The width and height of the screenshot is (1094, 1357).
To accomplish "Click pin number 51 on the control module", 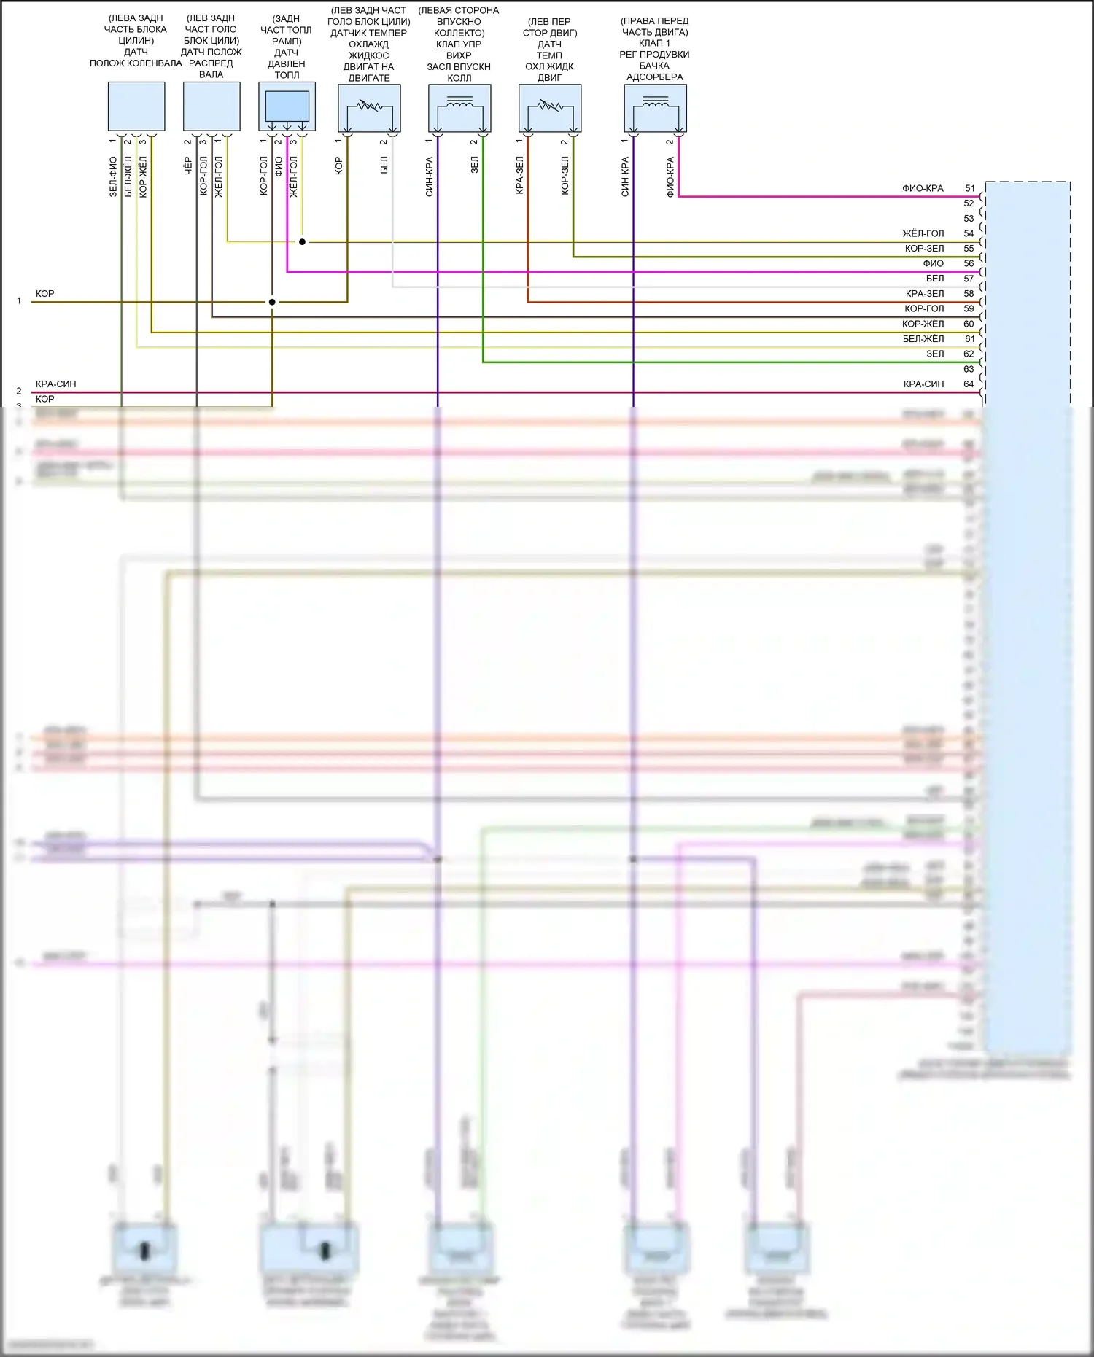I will pyautogui.click(x=969, y=188).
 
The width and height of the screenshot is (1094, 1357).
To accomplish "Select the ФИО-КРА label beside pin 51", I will pyautogui.click(x=923, y=188).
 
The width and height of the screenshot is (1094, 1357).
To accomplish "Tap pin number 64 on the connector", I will pyautogui.click(x=969, y=384).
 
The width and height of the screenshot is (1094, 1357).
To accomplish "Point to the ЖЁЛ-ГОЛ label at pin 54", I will pyautogui.click(x=923, y=233).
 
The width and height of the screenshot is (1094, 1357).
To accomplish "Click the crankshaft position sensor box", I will pyautogui.click(x=136, y=106).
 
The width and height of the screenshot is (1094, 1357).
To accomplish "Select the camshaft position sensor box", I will pyautogui.click(x=212, y=106).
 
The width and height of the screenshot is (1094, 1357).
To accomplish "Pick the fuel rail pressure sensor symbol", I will pyautogui.click(x=287, y=107).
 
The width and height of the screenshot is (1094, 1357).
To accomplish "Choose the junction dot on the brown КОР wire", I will pyautogui.click(x=272, y=302).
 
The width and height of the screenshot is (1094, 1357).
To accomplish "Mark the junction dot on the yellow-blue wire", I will pyautogui.click(x=302, y=241).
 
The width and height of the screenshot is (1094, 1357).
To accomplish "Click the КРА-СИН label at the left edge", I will pyautogui.click(x=55, y=384).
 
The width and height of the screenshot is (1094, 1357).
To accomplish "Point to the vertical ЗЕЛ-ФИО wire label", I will pyautogui.click(x=113, y=177).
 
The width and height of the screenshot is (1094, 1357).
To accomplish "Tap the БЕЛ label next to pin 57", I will pyautogui.click(x=935, y=279).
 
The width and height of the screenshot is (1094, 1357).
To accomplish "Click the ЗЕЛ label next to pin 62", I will pyautogui.click(x=935, y=354).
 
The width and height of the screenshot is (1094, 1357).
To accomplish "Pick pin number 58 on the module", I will pyautogui.click(x=969, y=294).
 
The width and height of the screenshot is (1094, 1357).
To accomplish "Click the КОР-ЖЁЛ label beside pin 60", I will pyautogui.click(x=923, y=324).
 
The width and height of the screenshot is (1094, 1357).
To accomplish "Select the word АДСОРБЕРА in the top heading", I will pyautogui.click(x=655, y=77).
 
